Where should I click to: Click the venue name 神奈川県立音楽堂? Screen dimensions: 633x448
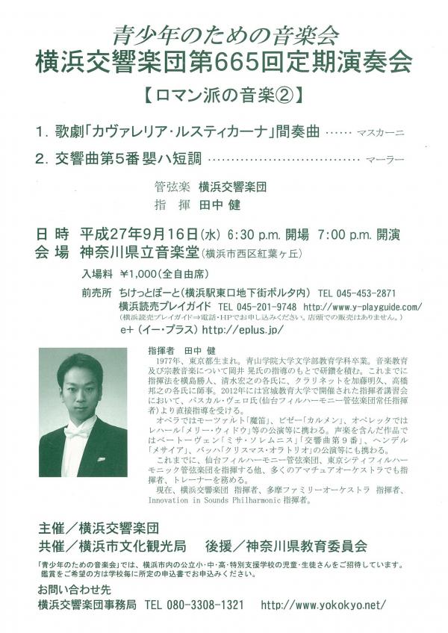[140, 252]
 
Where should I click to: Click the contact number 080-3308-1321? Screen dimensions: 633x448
[193, 604]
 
